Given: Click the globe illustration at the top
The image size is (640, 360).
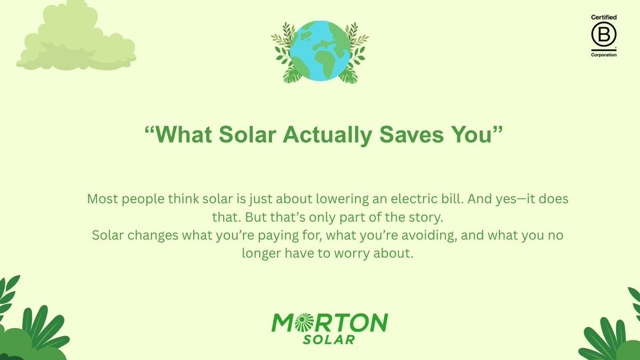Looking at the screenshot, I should [320, 51].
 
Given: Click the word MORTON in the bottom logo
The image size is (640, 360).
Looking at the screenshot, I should [330, 322].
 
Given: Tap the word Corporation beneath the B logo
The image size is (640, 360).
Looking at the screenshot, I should [604, 55].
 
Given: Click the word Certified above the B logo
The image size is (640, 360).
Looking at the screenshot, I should [604, 18].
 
